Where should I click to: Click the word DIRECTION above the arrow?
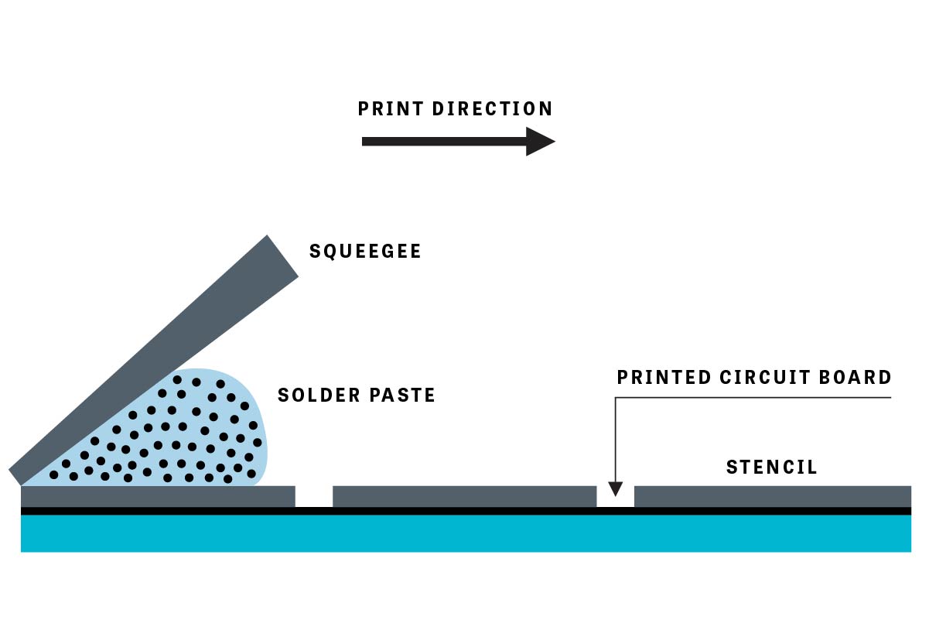pos(493,109)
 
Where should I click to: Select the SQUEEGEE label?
pos(365,252)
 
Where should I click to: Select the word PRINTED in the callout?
pos(664,378)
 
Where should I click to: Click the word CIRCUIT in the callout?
pos(762,378)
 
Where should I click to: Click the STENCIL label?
pos(771,468)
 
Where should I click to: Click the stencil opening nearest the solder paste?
pos(314,496)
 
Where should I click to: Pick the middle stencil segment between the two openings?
pos(464,496)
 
